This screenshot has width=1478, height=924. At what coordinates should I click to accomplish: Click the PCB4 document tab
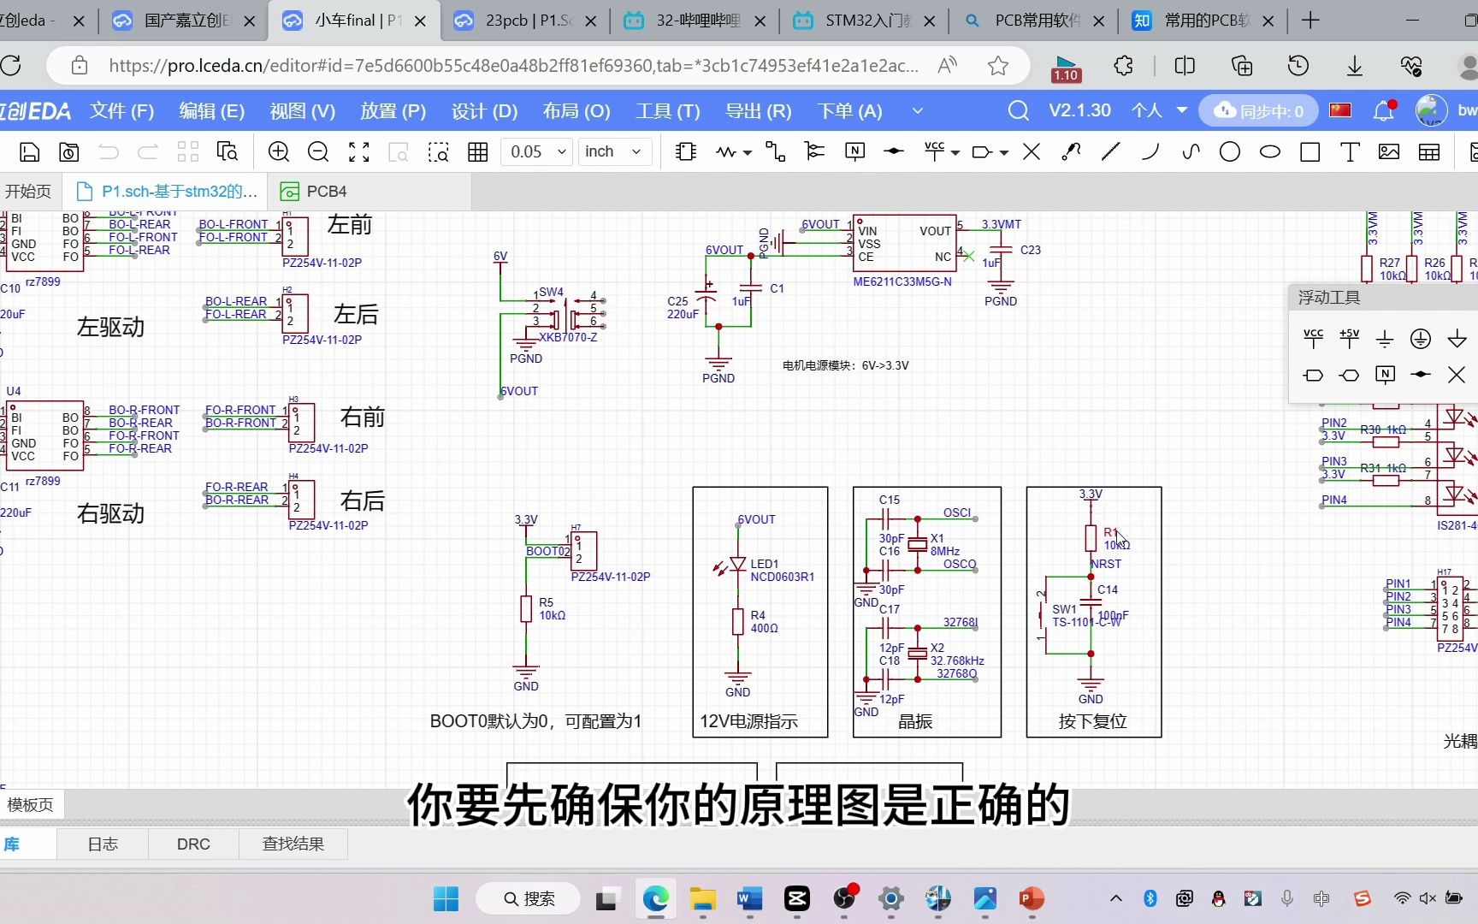325,192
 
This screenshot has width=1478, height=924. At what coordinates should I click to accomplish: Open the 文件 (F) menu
121,111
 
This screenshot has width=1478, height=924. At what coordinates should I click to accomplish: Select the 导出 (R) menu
758,111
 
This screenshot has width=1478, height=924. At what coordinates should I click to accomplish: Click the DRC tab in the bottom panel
193,844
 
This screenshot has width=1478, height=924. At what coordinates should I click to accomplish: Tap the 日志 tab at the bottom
103,844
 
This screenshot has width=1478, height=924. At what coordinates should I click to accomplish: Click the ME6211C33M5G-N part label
902,281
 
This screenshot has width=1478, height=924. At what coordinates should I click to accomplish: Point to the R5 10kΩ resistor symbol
526,608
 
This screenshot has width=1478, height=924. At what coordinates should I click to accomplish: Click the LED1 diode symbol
737,565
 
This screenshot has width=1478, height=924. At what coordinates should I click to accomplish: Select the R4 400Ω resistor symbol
737,621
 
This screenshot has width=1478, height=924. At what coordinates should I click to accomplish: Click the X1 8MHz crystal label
944,545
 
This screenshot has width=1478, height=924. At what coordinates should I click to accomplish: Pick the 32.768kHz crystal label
957,660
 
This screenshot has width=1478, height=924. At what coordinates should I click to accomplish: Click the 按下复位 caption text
1092,721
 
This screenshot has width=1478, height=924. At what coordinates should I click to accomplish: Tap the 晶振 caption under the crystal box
914,721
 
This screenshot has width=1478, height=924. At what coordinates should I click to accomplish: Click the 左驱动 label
110,327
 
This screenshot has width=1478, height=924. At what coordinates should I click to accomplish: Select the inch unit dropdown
612,152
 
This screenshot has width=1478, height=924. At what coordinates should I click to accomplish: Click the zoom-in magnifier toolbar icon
279,152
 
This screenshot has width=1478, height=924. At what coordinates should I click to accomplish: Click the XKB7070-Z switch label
568,338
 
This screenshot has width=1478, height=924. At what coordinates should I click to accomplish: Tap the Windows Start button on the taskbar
446,898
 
